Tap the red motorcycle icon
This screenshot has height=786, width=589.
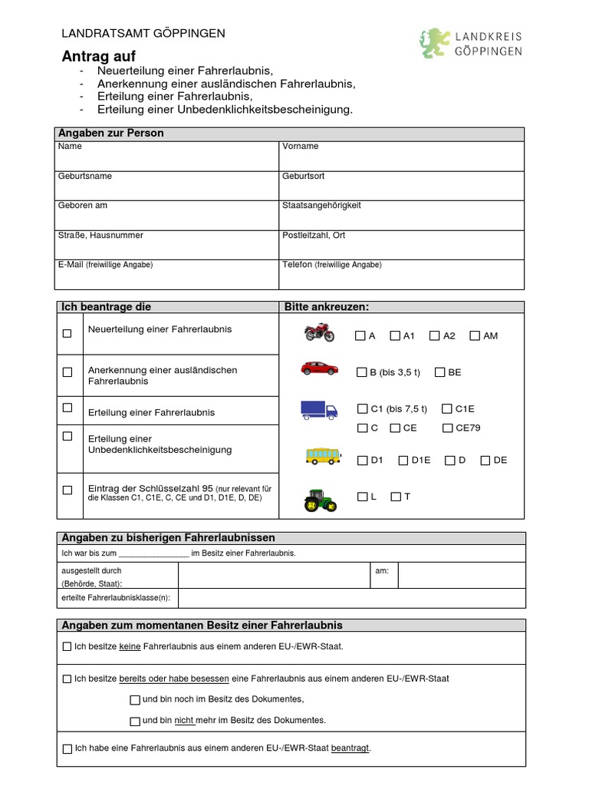coord(319,333)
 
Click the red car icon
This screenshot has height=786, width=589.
coord(319,368)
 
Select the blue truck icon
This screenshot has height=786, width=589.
coord(319,411)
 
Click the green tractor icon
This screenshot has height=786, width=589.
coord(319,500)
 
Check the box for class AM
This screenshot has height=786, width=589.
coord(475,336)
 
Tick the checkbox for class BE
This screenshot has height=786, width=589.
coord(439,372)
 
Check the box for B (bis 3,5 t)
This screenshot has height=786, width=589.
coord(361,372)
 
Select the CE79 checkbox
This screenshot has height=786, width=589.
coord(447,428)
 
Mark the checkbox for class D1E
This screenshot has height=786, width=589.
coord(403,461)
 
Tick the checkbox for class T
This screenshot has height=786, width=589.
coord(395,497)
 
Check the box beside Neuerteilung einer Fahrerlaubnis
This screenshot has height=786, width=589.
coord(67,333)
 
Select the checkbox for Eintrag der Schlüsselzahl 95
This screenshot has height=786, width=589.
coord(67,489)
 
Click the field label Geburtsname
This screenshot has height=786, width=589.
coord(84,176)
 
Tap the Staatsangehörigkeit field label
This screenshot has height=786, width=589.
coord(321,206)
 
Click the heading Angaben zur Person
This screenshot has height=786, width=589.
coord(112,134)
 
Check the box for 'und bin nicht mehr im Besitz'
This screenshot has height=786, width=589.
coord(135,721)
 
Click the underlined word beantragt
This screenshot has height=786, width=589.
coord(350,748)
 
